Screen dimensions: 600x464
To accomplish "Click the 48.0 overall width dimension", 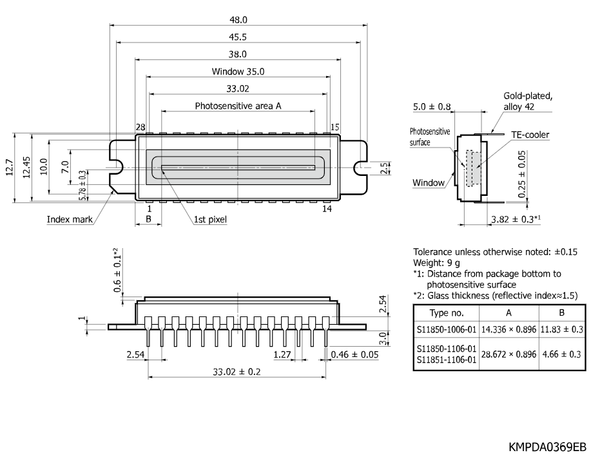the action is point(238,19).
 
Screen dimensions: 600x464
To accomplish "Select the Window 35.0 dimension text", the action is point(238,72).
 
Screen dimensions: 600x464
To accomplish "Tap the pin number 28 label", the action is point(140,127).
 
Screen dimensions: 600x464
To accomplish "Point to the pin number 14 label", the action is point(327,209).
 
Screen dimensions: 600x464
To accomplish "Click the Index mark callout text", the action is point(70,220).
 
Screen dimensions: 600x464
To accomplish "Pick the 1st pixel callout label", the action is point(210,220).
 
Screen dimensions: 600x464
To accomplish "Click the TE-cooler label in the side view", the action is point(530,135).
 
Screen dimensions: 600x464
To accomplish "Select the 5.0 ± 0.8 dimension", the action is point(432,106).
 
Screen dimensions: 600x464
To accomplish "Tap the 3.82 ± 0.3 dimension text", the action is point(516,219).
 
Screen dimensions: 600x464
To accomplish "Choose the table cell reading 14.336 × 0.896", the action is point(508,329).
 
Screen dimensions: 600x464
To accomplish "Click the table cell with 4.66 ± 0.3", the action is point(562,354).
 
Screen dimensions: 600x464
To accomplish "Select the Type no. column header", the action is point(447,313).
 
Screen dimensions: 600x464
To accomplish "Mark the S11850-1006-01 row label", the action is point(447,329).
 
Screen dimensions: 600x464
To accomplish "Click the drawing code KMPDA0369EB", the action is point(547,447).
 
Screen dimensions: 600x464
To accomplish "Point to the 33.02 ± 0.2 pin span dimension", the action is point(237,372).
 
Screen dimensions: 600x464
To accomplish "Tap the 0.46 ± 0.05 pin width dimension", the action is point(354,354).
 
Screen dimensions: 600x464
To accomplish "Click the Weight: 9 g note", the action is point(436,263).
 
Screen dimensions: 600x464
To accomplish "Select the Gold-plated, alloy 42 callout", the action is point(528,101).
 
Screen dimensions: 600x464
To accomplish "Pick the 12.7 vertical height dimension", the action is point(10,168).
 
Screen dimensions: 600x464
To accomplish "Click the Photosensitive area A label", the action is point(238,106).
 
